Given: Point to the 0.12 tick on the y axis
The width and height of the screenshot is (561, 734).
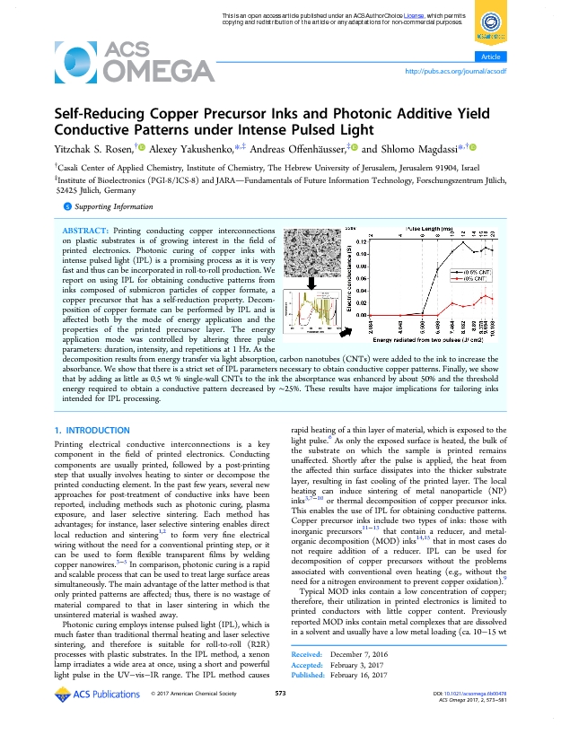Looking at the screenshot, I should (361, 242).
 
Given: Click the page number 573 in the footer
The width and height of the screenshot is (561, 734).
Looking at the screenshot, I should (280, 719).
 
